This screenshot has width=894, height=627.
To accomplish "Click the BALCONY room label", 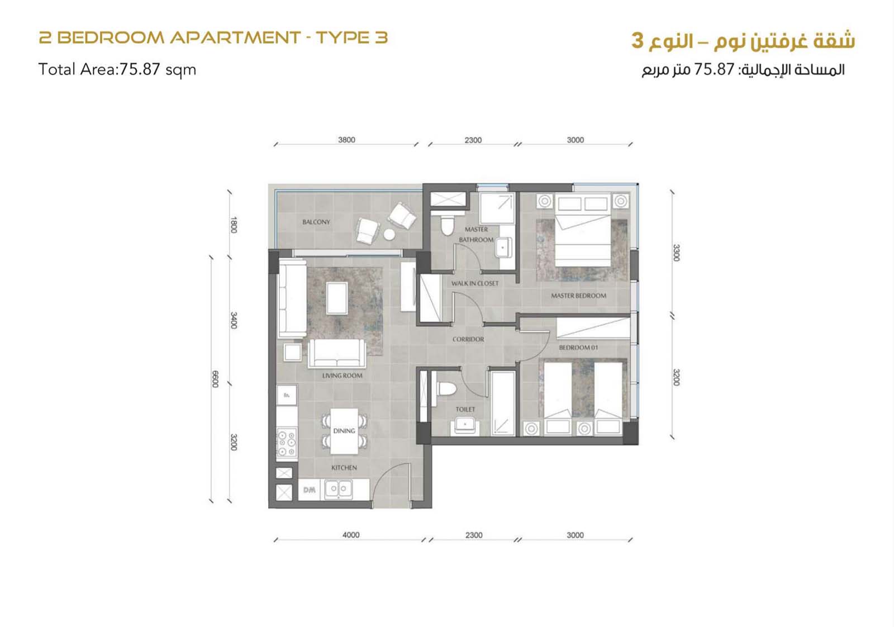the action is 316,222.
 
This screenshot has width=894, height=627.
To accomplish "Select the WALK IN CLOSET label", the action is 475,283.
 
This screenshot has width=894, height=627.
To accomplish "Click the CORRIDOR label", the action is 468,339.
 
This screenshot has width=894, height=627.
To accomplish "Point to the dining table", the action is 344,431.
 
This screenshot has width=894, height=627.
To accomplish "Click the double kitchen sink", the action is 339,490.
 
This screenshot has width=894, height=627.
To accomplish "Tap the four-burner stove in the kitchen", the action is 287,442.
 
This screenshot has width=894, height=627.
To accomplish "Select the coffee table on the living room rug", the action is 337,298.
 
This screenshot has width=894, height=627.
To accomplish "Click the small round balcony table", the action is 389,235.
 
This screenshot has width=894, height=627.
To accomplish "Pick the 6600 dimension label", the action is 215,379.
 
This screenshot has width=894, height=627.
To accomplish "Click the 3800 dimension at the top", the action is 346,140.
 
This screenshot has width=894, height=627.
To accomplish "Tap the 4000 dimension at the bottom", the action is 351,535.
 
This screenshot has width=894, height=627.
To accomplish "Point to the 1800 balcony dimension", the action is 234,225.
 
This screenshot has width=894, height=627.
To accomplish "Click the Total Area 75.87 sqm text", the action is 117,70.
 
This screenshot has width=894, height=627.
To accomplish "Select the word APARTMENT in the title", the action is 235,38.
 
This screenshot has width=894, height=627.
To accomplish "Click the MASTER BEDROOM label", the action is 579,296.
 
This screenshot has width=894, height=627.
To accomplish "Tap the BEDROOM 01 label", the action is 578,348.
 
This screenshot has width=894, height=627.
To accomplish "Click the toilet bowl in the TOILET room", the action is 447,389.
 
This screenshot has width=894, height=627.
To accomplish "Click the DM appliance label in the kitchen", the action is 310,490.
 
